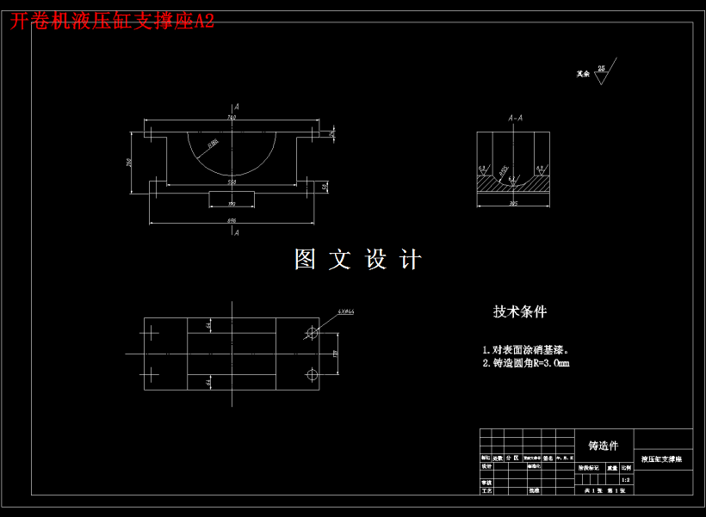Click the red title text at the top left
point(112,22)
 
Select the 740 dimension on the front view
point(232,117)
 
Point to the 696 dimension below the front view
point(232,221)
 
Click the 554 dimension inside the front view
point(232,182)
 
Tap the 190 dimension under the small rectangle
point(232,204)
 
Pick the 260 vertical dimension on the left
point(129,162)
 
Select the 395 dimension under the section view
point(514,204)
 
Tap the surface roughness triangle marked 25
point(602,74)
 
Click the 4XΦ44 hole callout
point(346,311)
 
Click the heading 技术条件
point(520,311)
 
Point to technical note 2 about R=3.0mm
point(526,363)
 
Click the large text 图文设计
point(358,260)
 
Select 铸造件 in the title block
point(604,446)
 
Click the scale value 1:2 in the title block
point(626,479)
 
